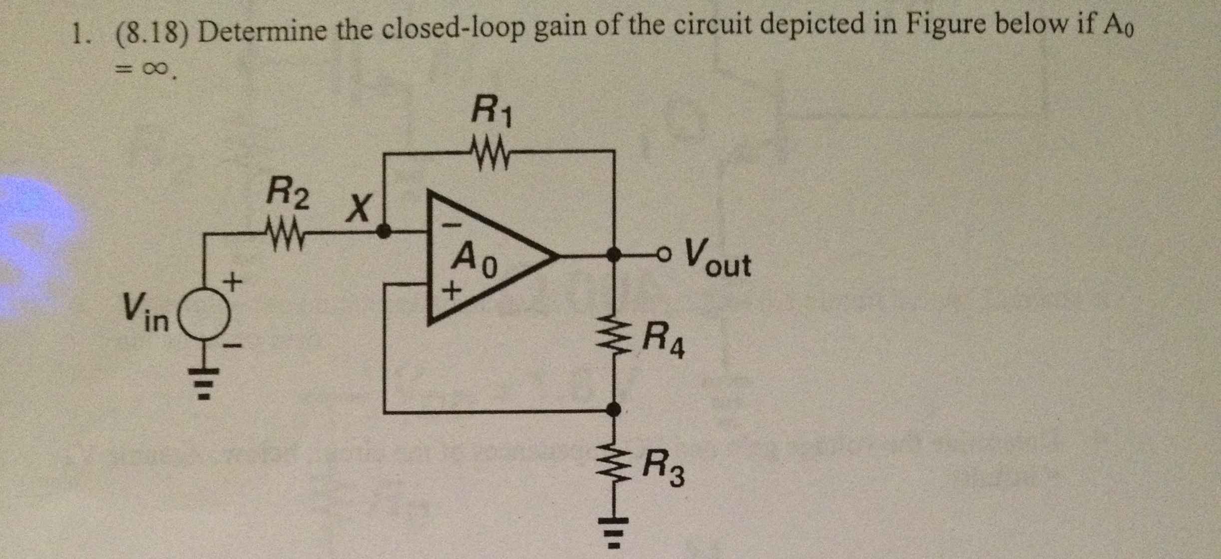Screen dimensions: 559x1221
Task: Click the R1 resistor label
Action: click(x=492, y=115)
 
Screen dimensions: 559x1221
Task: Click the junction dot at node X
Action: click(x=383, y=231)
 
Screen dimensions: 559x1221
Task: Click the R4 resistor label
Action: click(x=663, y=341)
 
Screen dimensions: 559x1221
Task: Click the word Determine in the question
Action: click(x=265, y=31)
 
